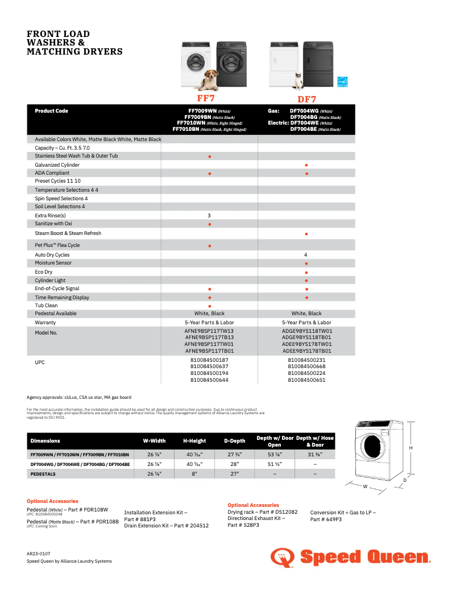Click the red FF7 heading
[x=206, y=98]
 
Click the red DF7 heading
[x=307, y=100]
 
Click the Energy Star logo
[x=343, y=82]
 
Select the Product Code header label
[x=51, y=111]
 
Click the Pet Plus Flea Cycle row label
[x=57, y=245]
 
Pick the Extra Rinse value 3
[x=209, y=216]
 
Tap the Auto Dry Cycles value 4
[x=306, y=255]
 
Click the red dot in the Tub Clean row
[x=210, y=306]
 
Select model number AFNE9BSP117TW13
[x=209, y=331]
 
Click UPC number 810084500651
[x=306, y=379]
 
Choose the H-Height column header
[x=194, y=441]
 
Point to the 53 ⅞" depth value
[x=274, y=455]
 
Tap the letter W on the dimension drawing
[x=366, y=486]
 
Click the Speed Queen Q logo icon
[x=282, y=557]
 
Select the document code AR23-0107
[x=39, y=553]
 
